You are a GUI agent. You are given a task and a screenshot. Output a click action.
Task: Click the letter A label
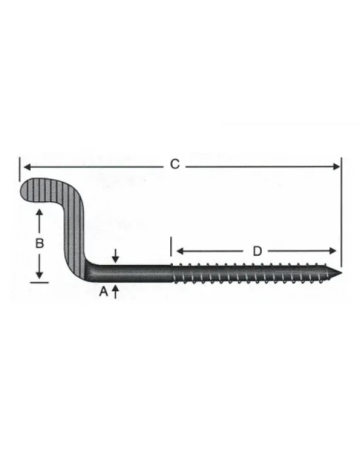click(103, 293)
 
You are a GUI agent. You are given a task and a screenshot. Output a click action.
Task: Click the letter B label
click(39, 243)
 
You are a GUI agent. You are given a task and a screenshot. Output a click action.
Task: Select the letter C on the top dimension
click(174, 164)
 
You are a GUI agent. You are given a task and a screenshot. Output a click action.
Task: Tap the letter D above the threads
click(257, 251)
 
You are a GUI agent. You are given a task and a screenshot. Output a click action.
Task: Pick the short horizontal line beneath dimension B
click(39, 282)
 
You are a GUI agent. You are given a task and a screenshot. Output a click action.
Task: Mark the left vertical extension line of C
click(20, 167)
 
